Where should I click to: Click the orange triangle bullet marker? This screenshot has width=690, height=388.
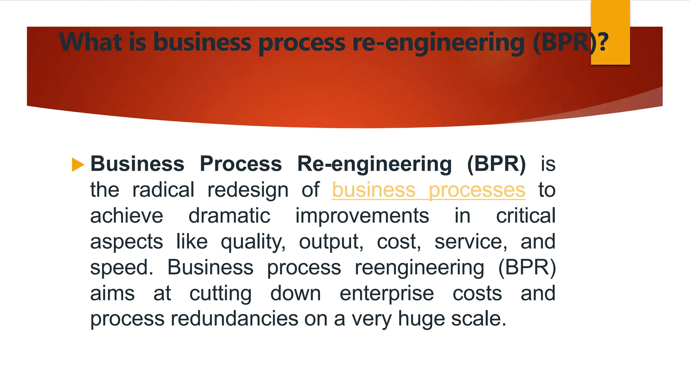[78, 165]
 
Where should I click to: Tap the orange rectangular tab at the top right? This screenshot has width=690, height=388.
[610, 32]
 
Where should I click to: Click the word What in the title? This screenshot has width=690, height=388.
[90, 42]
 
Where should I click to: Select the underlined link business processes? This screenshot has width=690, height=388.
[428, 190]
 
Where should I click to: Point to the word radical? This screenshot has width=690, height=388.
[163, 190]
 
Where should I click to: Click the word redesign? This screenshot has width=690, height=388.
[248, 190]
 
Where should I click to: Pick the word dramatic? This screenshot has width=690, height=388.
[229, 216]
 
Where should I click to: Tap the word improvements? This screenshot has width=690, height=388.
[362, 216]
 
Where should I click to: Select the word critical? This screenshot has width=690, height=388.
[526, 216]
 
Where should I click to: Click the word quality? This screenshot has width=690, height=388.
[253, 242]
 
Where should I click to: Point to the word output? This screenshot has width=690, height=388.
[331, 242]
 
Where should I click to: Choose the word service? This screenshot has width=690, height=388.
[471, 242]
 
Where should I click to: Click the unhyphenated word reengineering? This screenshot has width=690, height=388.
[419, 268]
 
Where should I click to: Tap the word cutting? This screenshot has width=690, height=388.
[220, 293]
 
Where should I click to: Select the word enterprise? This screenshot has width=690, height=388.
[386, 293]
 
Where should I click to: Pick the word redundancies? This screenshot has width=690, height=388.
[234, 319]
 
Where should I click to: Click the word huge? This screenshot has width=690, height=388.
[421, 319]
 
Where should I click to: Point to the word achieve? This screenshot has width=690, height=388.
[127, 216]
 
